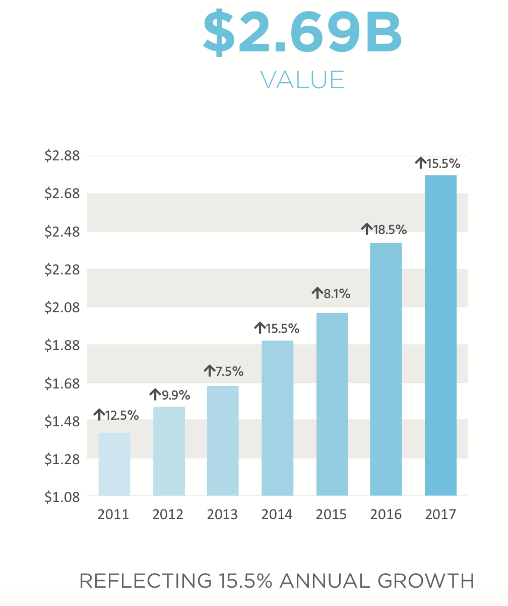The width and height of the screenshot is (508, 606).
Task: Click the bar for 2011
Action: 114,464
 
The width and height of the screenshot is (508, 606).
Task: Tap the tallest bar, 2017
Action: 440,335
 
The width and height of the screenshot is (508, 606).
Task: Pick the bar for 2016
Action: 386,369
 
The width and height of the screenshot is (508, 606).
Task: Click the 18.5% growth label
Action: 390,230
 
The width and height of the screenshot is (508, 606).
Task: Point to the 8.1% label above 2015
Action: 337,293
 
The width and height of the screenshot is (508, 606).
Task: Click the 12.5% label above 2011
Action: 122,415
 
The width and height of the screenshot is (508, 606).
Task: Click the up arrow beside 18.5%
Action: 366,230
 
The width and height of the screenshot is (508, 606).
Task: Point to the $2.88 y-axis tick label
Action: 62,156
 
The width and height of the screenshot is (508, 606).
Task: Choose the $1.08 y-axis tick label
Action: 62,497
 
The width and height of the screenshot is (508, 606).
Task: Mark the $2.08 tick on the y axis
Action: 62,307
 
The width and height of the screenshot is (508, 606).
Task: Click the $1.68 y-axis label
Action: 62,383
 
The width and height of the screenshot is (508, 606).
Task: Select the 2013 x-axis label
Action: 222,515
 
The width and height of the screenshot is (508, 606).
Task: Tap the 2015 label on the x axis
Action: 331,515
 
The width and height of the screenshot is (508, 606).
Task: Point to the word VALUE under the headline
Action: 302,80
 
